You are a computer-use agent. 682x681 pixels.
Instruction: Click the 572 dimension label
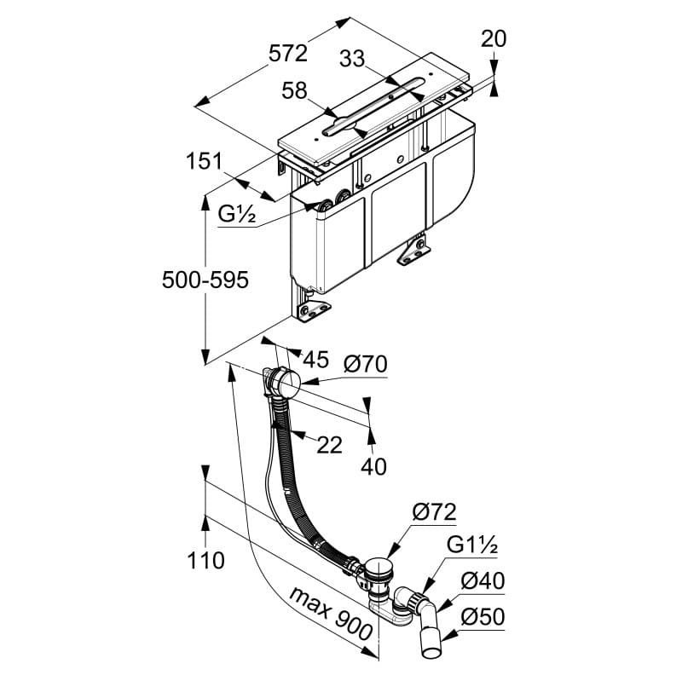(x=288, y=53)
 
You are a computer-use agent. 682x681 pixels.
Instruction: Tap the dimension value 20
(x=494, y=38)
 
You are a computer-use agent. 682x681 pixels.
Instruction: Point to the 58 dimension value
(x=295, y=90)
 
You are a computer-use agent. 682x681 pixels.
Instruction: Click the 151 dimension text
(x=205, y=160)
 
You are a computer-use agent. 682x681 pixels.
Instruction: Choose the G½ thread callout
(x=237, y=216)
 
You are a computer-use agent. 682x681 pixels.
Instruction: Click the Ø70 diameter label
(x=366, y=365)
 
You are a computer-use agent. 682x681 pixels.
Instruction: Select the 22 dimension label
(x=330, y=443)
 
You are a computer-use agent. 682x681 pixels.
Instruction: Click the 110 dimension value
(x=205, y=560)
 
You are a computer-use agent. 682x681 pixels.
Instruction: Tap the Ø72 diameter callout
(x=434, y=511)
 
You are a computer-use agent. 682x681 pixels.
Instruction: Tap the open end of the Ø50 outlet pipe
(x=432, y=653)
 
